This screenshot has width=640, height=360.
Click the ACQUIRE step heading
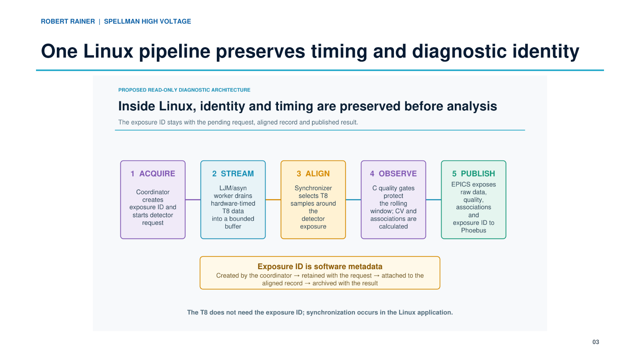tap(153, 174)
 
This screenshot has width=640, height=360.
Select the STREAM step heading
tap(233, 174)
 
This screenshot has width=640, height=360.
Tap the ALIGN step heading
tap(313, 174)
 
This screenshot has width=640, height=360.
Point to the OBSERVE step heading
tap(394, 174)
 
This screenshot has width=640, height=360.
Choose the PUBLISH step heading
tap(474, 174)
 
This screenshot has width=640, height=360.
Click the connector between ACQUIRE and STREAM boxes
tap(193, 200)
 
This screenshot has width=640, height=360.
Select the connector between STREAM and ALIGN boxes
tap(273, 200)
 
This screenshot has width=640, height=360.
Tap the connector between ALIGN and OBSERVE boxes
tap(354, 200)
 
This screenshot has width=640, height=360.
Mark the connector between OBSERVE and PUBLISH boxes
tap(434, 200)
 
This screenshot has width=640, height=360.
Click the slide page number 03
tap(596, 342)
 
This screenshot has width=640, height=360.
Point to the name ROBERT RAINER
tap(68, 22)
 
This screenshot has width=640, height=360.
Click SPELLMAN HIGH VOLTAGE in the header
tap(148, 22)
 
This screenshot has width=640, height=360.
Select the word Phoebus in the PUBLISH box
tap(474, 230)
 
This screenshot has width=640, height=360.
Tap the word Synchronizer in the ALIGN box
tap(313, 188)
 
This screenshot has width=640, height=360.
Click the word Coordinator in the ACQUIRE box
tap(153, 192)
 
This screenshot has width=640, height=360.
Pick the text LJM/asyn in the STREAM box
tap(233, 188)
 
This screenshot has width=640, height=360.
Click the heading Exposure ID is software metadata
tap(320, 266)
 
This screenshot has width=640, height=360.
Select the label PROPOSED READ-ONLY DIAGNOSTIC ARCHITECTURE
tap(184, 90)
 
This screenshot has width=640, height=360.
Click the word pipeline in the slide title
tap(174, 52)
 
